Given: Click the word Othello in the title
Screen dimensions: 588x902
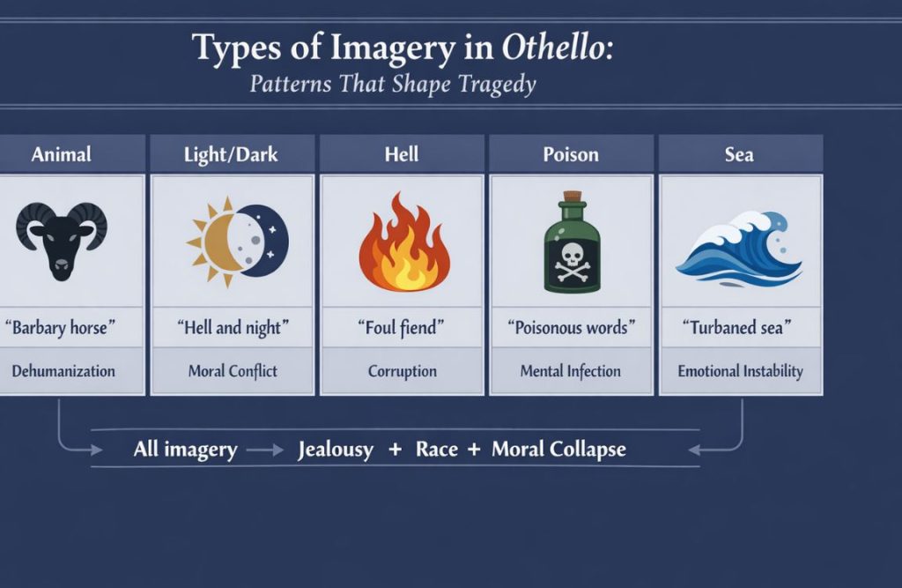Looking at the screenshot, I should coord(557,48).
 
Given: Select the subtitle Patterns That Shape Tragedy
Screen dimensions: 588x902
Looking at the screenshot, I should coord(393,86).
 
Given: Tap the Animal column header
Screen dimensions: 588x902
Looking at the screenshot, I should coord(61,154).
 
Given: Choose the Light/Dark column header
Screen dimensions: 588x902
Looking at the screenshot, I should coord(232,154).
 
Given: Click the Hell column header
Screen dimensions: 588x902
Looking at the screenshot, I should coord(402,154).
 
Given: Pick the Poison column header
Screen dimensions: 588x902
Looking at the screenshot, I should coord(571,154).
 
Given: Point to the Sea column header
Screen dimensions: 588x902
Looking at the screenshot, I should coord(739,154).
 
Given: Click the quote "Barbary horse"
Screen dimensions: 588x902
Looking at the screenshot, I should coord(61,328).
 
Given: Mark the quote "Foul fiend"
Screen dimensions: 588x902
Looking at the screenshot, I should coord(402,328).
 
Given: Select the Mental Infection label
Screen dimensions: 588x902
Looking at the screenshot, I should coord(571,371).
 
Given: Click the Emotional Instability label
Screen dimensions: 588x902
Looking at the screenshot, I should coord(740,371).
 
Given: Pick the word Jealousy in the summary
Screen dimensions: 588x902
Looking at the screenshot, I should coord(336,450).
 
